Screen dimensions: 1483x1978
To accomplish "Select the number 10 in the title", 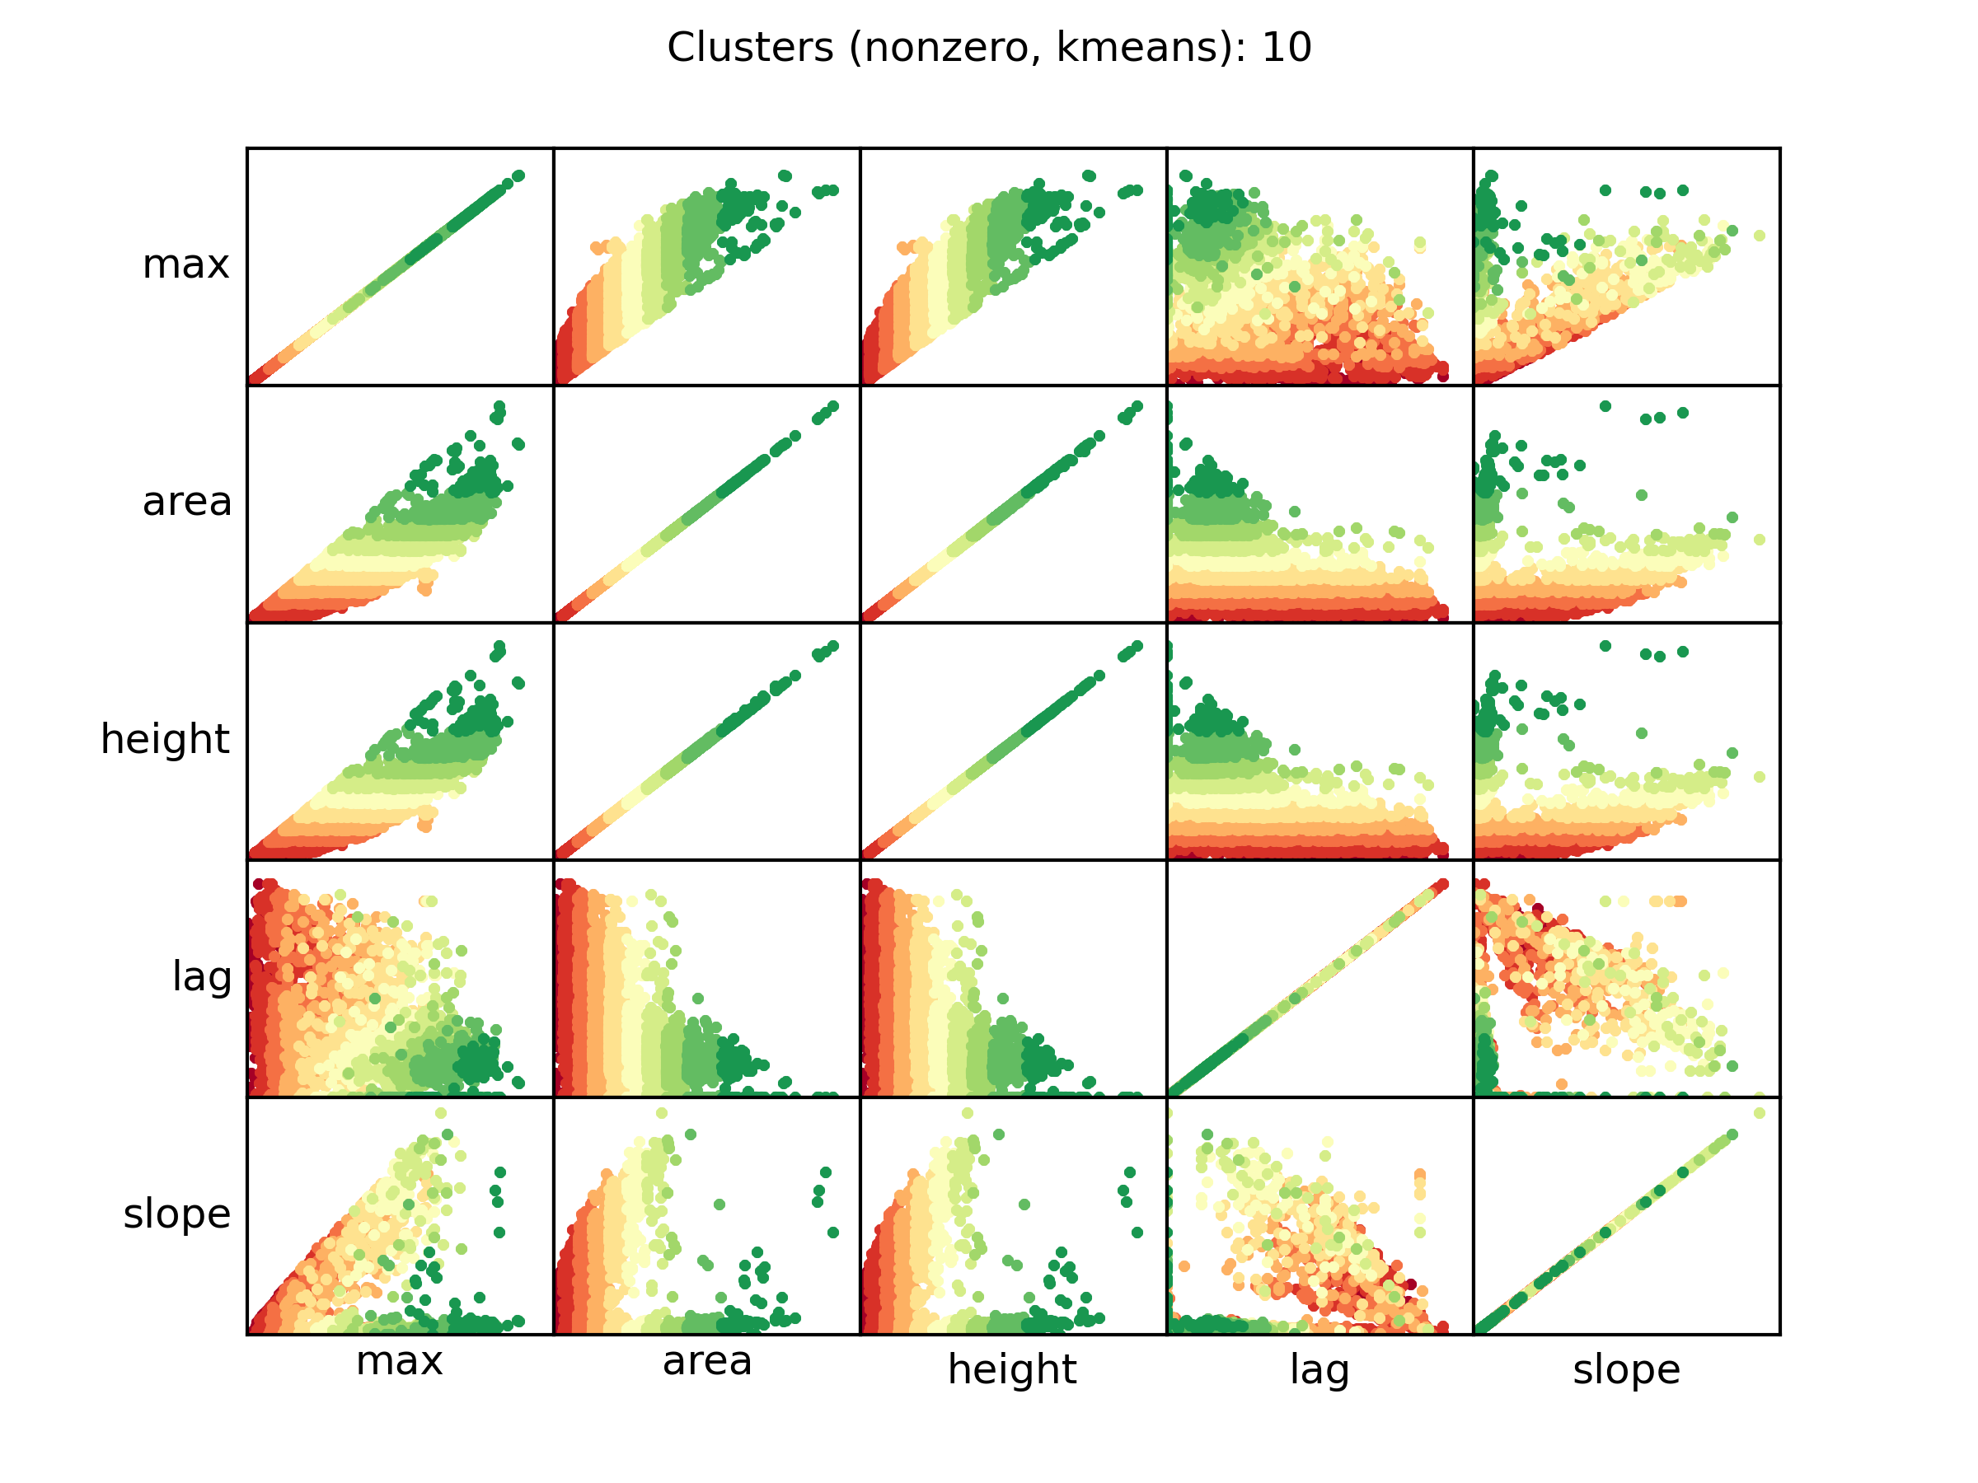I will [x=1286, y=48].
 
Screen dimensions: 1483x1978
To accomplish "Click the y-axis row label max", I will [x=186, y=264].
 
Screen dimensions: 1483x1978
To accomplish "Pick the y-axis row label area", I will [x=187, y=502].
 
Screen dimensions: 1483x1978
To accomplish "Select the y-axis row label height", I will [x=166, y=739].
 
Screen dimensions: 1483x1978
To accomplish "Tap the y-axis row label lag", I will [x=202, y=977].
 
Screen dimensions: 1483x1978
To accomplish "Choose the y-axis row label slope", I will [x=177, y=1214].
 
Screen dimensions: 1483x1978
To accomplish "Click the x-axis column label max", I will [x=399, y=1361].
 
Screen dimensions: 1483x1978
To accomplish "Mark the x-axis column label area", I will [x=706, y=1361].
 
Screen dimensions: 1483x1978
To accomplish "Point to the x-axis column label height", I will [x=1012, y=1369].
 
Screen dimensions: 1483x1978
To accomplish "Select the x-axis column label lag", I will [x=1319, y=1369].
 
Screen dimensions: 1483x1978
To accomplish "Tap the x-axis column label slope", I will [x=1626, y=1369].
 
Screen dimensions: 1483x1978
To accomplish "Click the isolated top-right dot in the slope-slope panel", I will [x=1759, y=1113].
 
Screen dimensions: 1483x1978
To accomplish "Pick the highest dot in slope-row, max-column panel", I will [x=441, y=1113].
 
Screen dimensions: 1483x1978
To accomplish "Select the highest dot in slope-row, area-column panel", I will [x=662, y=1113].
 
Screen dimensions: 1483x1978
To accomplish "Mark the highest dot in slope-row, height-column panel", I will [x=968, y=1113].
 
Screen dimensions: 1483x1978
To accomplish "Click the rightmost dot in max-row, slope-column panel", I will [x=1759, y=236].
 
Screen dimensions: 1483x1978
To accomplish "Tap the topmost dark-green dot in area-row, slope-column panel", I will [x=1605, y=407].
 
